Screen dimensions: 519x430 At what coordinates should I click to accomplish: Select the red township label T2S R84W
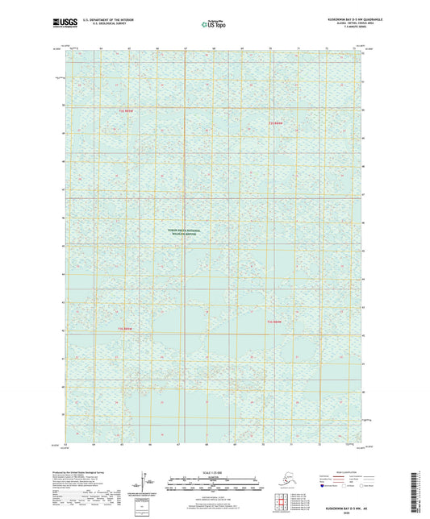[x=277, y=322]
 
